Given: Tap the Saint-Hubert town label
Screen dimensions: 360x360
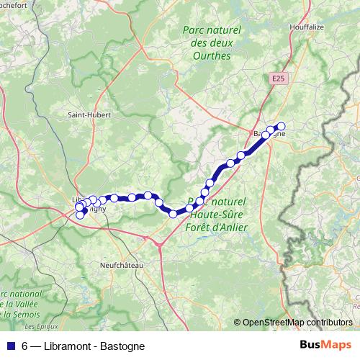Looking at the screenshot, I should point(88,114).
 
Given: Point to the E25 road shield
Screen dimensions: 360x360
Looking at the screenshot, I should point(280,76).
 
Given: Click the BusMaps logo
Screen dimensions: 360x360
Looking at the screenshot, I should point(321,346).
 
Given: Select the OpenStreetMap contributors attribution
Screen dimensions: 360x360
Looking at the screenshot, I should point(293,323).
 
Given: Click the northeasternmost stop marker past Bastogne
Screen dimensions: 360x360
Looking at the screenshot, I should point(281,125).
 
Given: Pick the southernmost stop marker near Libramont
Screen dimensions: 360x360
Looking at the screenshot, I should point(79,215).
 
